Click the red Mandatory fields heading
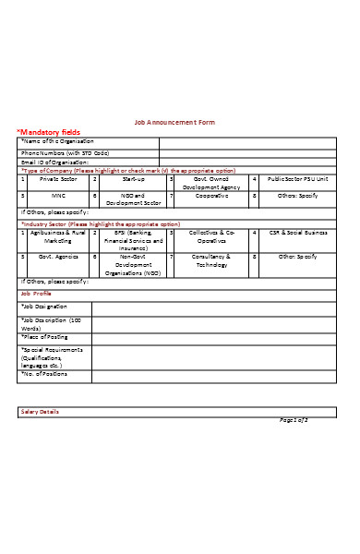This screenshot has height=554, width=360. pos(50,132)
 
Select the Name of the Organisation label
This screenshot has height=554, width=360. pos(65,141)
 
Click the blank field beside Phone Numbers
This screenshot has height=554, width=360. pos(249,152)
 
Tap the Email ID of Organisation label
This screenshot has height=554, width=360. pos(55,162)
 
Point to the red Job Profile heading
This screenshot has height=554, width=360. pos(37,293)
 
